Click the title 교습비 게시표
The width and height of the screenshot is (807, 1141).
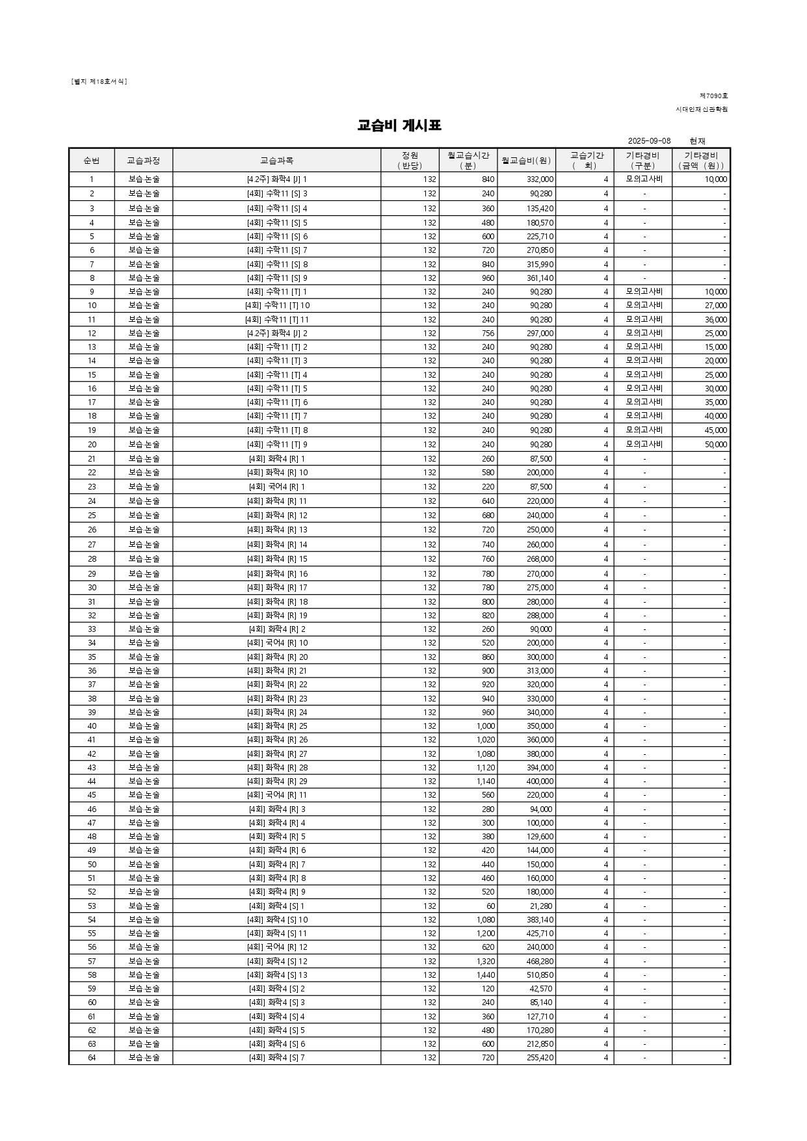[399, 125]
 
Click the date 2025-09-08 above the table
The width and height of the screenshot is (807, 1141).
[649, 141]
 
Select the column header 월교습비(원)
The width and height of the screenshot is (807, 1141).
[526, 161]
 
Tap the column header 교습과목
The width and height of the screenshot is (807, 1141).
[276, 161]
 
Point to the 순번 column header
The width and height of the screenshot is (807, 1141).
[92, 161]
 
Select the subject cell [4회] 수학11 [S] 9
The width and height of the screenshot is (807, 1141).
[276, 278]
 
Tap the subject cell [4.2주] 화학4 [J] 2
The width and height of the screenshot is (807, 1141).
[276, 334]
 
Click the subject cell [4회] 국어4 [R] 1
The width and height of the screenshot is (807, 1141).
[276, 487]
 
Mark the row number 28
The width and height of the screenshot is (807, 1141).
[92, 559]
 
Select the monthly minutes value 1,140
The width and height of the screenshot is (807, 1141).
[485, 781]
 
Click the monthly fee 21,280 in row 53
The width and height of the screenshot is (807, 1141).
[542, 906]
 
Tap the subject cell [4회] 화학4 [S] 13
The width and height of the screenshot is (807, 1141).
[276, 975]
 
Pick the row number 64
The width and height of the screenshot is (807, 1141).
[92, 1058]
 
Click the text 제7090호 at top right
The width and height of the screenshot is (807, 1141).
[713, 96]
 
